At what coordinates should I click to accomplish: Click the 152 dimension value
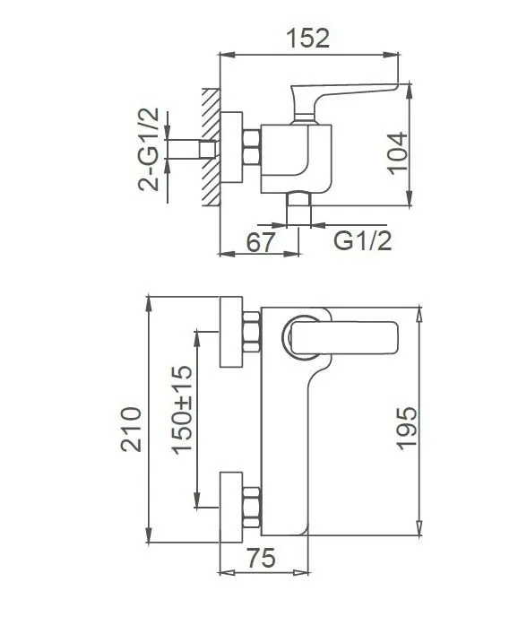tap(307, 39)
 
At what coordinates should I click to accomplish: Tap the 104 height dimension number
tap(398, 153)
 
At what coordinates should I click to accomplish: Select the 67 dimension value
tap(260, 242)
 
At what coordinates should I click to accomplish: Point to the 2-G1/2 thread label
tap(149, 149)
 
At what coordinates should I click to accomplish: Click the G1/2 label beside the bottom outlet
tap(362, 240)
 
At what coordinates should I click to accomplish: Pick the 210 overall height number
tap(131, 430)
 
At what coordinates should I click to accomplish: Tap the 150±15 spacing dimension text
tap(182, 410)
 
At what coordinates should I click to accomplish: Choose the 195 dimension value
tap(407, 429)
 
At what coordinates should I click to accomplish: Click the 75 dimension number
tap(262, 558)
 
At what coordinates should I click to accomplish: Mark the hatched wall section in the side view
tap(211, 147)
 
